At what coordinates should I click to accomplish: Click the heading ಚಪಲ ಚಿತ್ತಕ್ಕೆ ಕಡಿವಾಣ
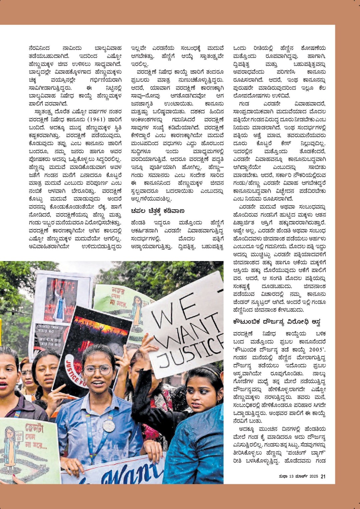click(x=157, y=211)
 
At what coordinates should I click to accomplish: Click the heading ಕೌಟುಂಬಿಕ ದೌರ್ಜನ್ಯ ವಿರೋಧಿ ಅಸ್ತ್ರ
click(x=277, y=322)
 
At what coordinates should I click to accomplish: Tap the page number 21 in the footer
click(x=323, y=476)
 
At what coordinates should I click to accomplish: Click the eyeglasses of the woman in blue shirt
click(x=97, y=370)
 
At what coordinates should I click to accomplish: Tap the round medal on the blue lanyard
click(x=109, y=426)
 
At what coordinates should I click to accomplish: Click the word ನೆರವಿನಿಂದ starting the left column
click(x=39, y=48)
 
